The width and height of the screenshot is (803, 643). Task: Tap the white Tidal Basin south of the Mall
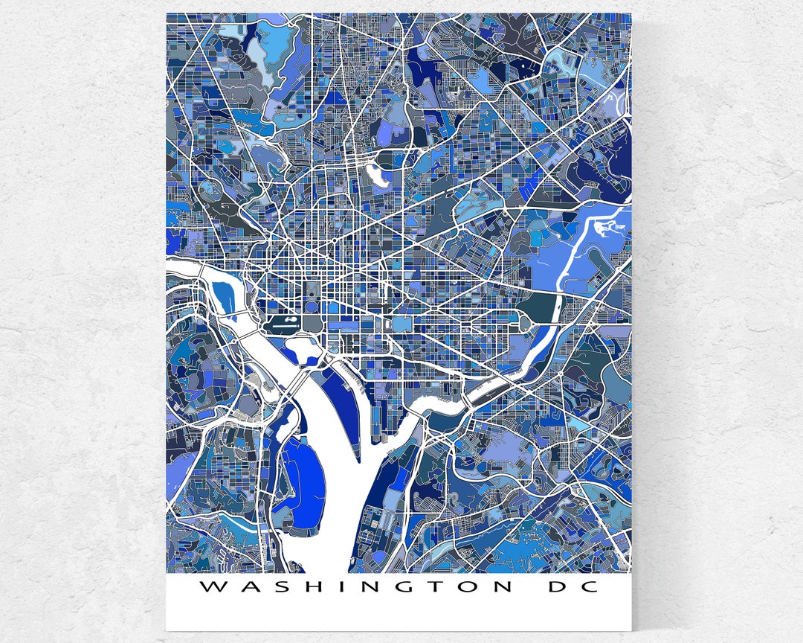pos(303,345)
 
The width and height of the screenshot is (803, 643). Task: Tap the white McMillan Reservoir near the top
pos(378,176)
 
